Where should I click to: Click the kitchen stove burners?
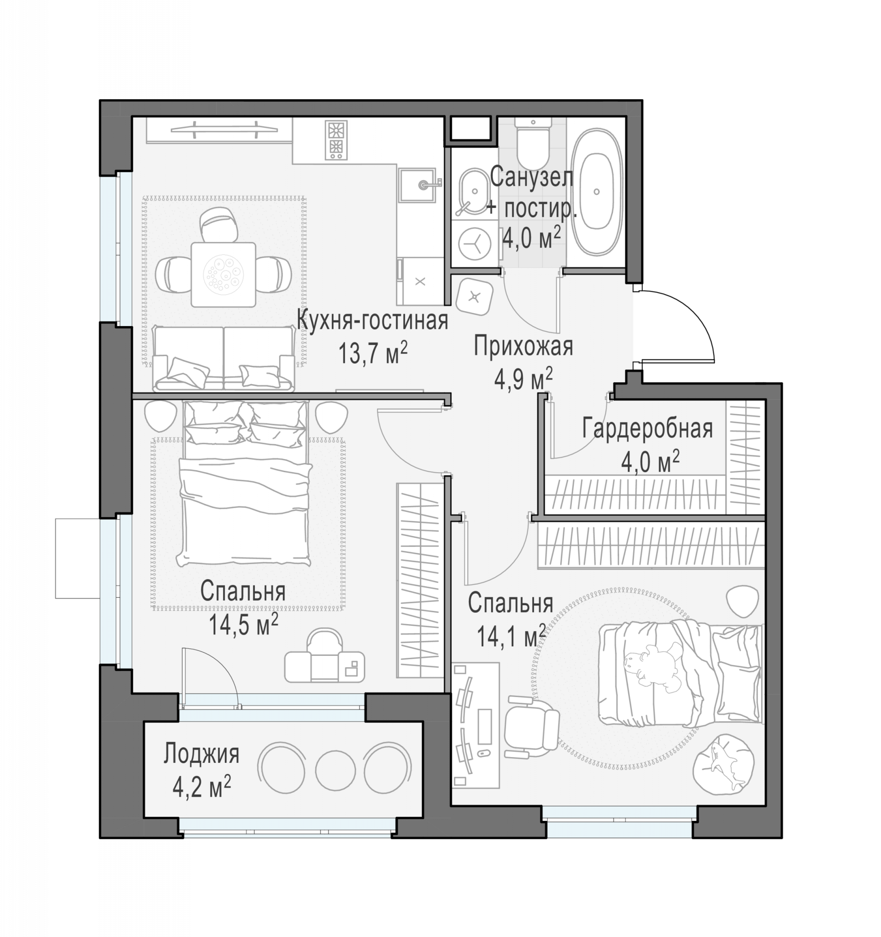pos(336,140)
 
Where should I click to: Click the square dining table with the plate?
pos(223,275)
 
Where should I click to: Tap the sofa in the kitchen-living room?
pos(224,359)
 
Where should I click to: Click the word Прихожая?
pos(524,346)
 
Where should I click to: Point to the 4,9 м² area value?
pos(523,379)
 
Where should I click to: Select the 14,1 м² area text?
pos(511,636)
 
